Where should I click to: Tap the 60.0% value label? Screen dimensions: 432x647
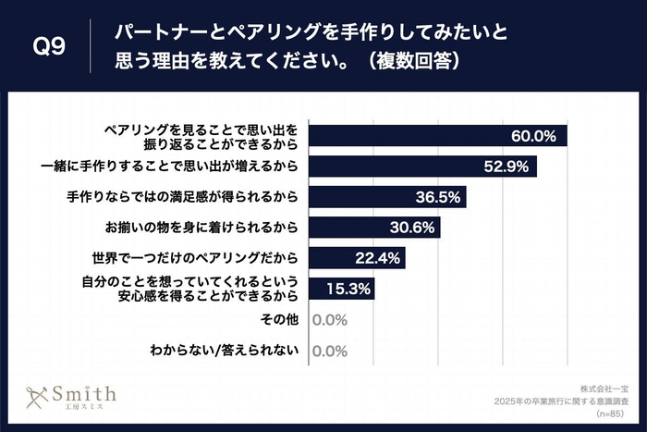click(x=533, y=136)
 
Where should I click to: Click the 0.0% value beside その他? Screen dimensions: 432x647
click(x=329, y=320)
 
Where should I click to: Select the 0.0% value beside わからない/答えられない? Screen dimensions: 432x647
click(x=329, y=352)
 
